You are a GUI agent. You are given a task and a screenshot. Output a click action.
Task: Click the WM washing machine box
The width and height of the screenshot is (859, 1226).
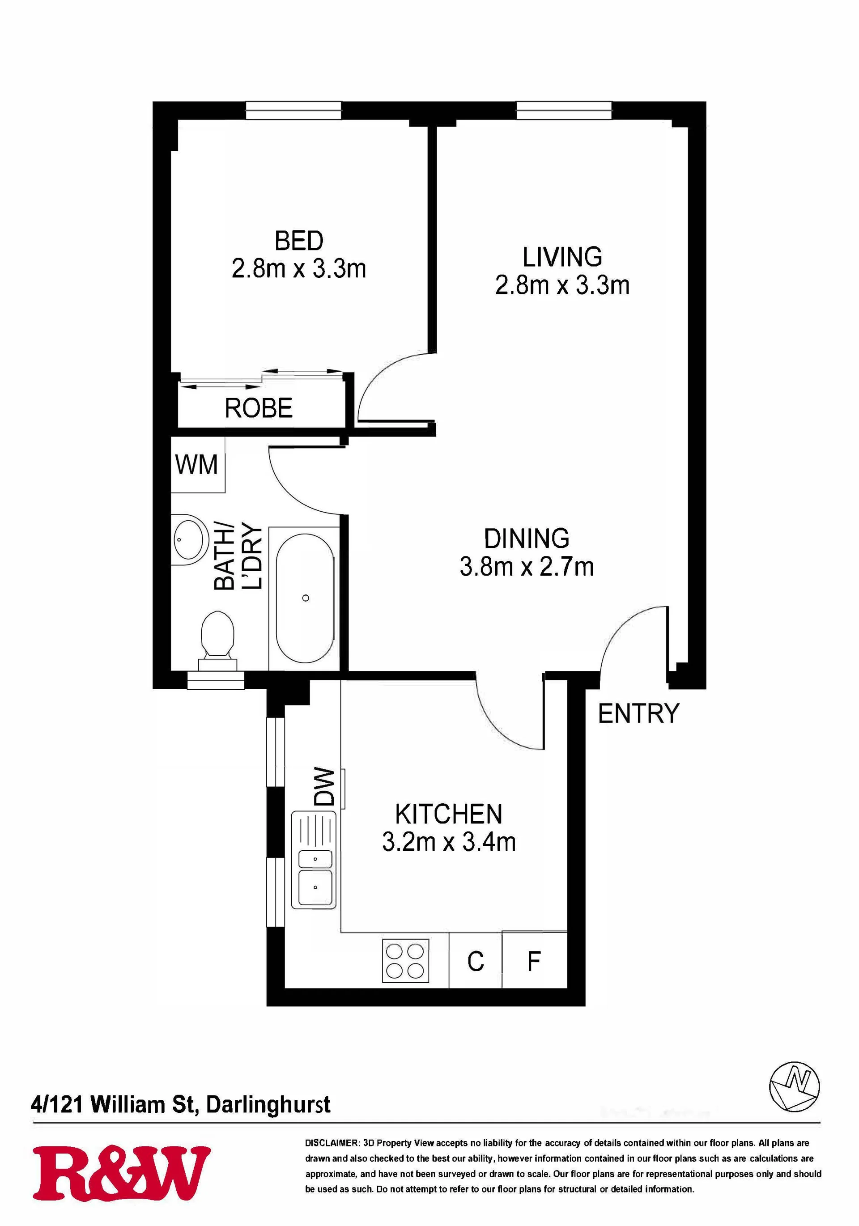click(x=198, y=465)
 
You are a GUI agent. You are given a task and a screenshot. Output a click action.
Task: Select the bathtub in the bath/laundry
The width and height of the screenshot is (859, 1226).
click(x=305, y=598)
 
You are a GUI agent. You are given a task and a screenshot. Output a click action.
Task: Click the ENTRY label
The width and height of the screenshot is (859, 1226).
click(x=638, y=713)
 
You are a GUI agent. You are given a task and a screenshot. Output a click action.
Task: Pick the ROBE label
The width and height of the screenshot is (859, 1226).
click(x=259, y=408)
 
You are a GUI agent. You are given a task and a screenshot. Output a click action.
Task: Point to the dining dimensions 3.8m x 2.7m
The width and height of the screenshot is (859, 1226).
click(x=527, y=567)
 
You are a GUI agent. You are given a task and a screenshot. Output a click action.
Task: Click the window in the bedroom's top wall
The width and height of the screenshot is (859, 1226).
click(x=293, y=110)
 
